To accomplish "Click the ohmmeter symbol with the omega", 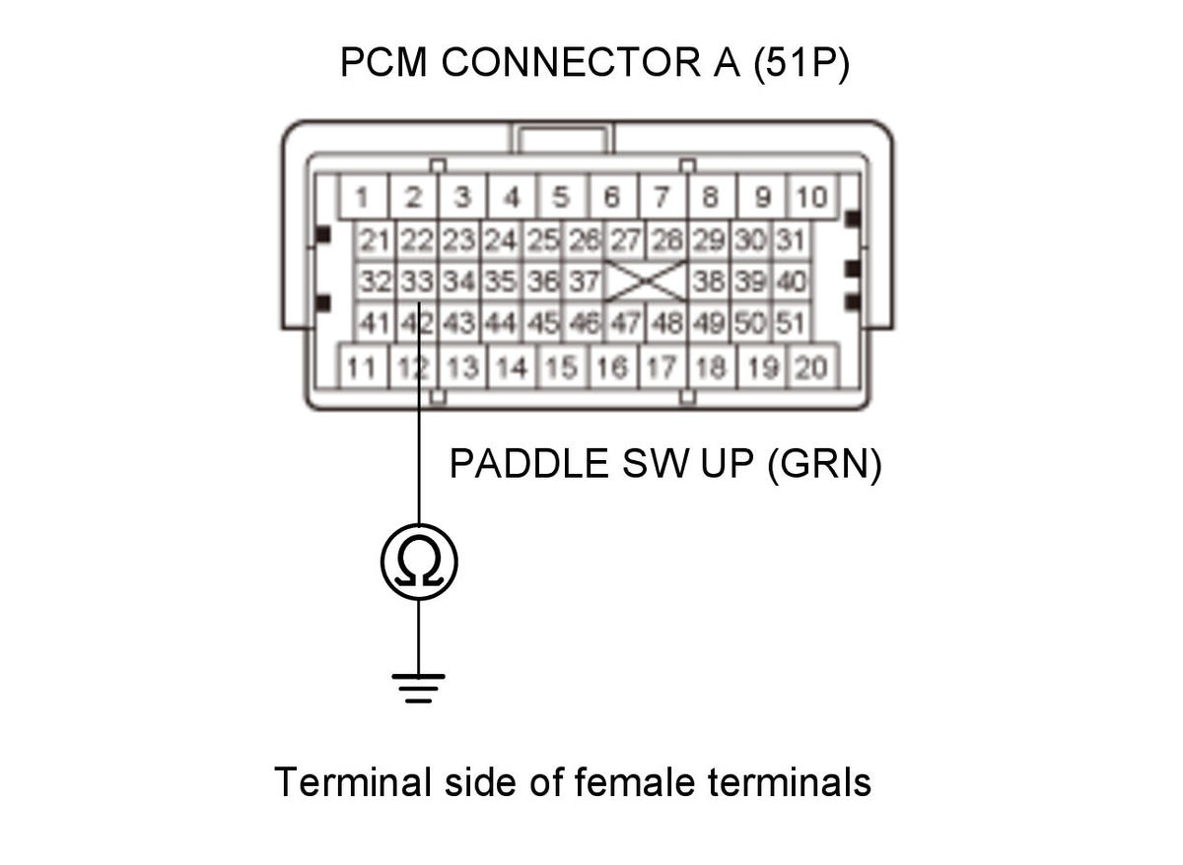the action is [x=419, y=563].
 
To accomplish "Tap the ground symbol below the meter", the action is [x=418, y=689].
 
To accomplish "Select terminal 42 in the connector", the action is [x=417, y=322].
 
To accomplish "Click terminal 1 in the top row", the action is [x=363, y=197].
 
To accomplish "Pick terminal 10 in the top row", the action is [x=811, y=197].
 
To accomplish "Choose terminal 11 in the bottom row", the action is [x=363, y=367].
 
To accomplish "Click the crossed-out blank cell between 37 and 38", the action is [x=647, y=282].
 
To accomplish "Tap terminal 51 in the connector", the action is [x=791, y=322].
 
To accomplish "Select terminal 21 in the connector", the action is [x=375, y=240].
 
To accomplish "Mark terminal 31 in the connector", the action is [x=791, y=240].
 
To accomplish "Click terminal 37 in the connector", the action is [x=585, y=282].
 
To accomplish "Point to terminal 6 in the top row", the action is [x=612, y=197].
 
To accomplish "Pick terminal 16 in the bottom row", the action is [x=612, y=367].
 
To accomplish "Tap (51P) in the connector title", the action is [x=801, y=63].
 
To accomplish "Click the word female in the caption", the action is [x=634, y=781].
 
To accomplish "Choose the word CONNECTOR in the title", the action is [x=571, y=62].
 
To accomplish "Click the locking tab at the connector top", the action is [x=562, y=138].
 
